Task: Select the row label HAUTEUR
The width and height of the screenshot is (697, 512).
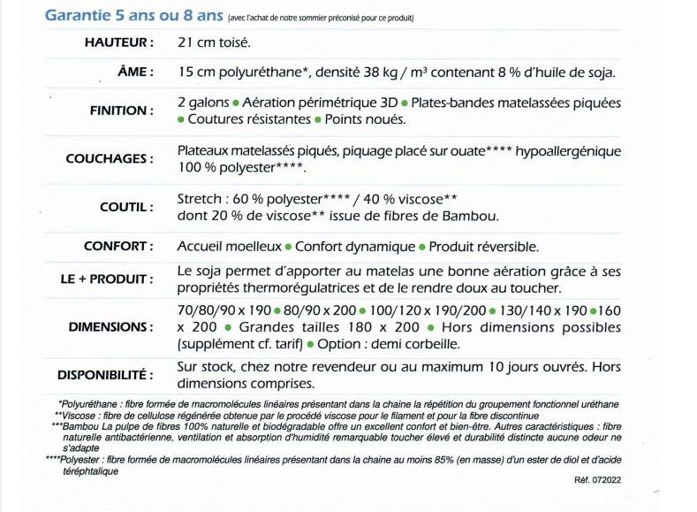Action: [x=119, y=42]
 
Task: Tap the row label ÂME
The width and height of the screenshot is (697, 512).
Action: [x=136, y=73]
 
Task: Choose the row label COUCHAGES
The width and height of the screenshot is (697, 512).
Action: [x=110, y=159]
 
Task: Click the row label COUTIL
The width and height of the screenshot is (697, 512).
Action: [x=127, y=207]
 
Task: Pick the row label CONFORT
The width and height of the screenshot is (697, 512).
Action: [x=119, y=247]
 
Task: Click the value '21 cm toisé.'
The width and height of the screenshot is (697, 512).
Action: [x=213, y=42]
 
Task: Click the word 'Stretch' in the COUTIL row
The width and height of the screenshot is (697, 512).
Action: [x=199, y=198]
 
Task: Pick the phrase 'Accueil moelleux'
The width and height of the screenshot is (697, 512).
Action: [x=229, y=247]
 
